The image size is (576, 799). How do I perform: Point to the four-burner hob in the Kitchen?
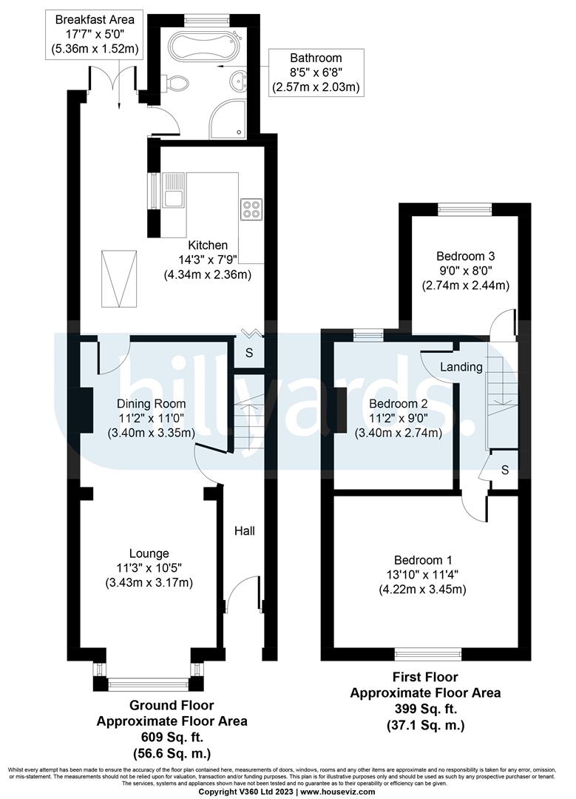click(x=251, y=209)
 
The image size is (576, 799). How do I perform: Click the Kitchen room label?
click(x=208, y=246)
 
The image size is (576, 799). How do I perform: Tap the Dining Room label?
click(x=151, y=404)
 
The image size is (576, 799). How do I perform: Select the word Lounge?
click(x=149, y=553)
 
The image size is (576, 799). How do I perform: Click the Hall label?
click(x=245, y=531)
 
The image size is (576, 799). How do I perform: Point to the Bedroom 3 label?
click(x=465, y=256)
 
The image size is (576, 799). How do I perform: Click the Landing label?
click(x=461, y=367)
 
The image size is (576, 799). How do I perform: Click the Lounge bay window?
click(x=149, y=682)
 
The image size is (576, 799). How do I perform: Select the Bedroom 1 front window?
click(x=428, y=653)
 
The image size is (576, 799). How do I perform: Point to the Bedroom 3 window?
click(x=465, y=209)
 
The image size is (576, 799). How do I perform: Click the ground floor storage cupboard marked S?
click(x=249, y=353)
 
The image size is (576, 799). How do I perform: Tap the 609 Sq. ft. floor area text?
click(x=172, y=737)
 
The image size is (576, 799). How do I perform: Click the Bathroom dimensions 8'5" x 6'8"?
click(x=316, y=73)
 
